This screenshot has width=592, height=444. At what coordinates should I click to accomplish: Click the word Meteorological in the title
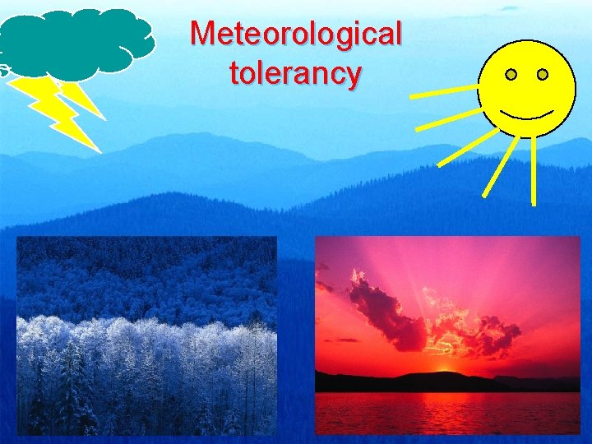click(x=296, y=35)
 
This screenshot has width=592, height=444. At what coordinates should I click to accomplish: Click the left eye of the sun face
click(x=511, y=75)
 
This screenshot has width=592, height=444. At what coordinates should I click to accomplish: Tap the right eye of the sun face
click(x=543, y=75)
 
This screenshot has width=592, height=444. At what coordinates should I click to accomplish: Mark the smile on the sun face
click(x=527, y=112)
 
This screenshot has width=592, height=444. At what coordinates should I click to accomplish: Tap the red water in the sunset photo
click(x=448, y=411)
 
